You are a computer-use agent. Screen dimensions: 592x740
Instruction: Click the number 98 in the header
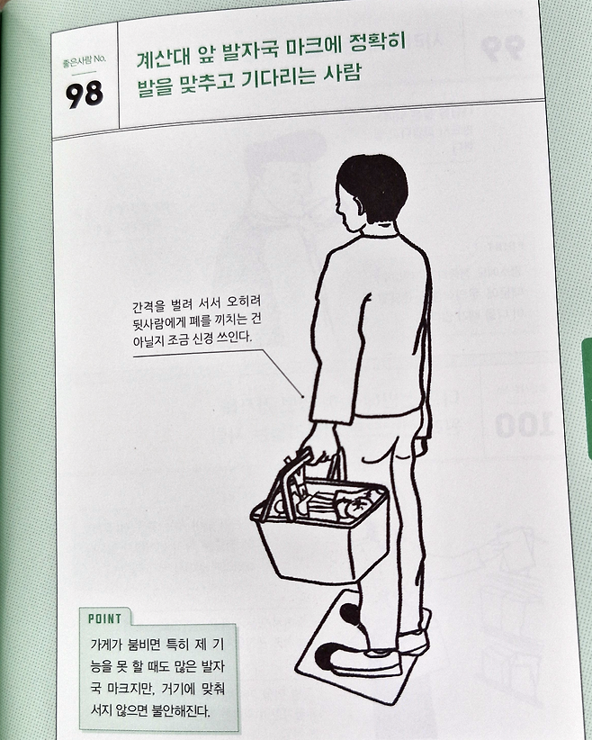[85, 94]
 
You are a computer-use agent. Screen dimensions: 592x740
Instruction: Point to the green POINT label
[104, 618]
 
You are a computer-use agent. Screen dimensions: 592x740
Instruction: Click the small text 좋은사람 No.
[85, 61]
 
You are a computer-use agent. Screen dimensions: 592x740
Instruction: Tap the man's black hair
[373, 186]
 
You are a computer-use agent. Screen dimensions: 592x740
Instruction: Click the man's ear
[359, 204]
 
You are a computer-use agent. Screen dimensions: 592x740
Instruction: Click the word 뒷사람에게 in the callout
[159, 322]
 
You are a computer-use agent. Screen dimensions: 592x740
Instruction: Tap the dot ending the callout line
[302, 396]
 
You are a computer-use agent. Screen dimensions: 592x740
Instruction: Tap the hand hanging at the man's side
[421, 445]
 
